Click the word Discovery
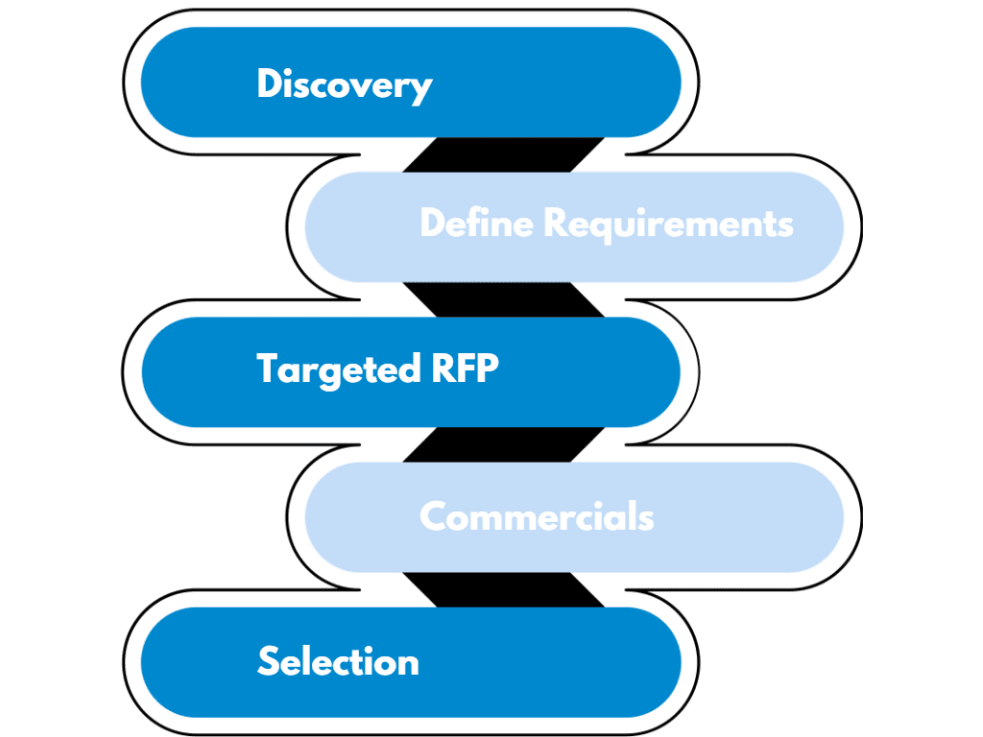click(344, 84)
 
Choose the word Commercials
click(537, 517)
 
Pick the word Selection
click(338, 662)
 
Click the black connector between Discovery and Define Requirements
click(504, 155)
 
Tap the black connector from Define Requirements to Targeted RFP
click(504, 299)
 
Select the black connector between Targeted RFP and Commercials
click(504, 444)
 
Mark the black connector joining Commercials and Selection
click(504, 589)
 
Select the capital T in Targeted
click(268, 368)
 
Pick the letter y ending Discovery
click(421, 88)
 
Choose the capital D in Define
click(434, 224)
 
